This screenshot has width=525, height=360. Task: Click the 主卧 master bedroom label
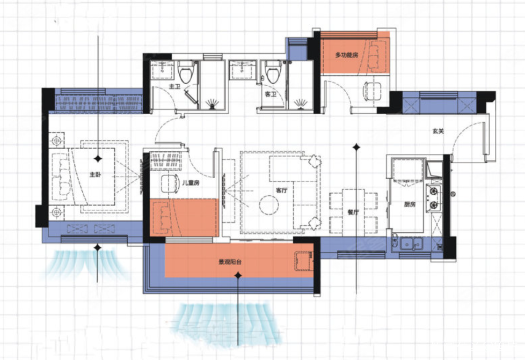pyautogui.click(x=95, y=174)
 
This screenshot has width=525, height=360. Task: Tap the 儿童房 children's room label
pyautogui.click(x=191, y=182)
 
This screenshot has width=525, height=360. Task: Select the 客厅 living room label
pyautogui.click(x=282, y=190)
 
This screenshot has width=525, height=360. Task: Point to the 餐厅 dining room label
pyautogui.click(x=353, y=212)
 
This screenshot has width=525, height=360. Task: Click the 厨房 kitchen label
pyautogui.click(x=410, y=204)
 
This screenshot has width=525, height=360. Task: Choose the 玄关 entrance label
pyautogui.click(x=438, y=131)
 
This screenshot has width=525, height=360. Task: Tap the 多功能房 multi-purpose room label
pyautogui.click(x=347, y=55)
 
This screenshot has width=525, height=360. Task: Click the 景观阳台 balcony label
pyautogui.click(x=230, y=262)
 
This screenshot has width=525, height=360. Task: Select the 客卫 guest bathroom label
pyautogui.click(x=270, y=94)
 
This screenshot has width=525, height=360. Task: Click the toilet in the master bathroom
pyautogui.click(x=186, y=71)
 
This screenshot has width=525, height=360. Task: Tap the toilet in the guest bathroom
pyautogui.click(x=273, y=71)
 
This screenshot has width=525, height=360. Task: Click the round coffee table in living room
pyautogui.click(x=269, y=205)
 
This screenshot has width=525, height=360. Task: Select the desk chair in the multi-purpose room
pyautogui.click(x=372, y=91)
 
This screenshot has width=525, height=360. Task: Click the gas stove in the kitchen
pyautogui.click(x=434, y=198)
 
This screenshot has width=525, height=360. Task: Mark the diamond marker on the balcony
pyautogui.click(x=238, y=275)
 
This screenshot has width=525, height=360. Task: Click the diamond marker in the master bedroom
pyautogui.click(x=98, y=158)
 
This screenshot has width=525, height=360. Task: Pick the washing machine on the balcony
pyautogui.click(x=304, y=261)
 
